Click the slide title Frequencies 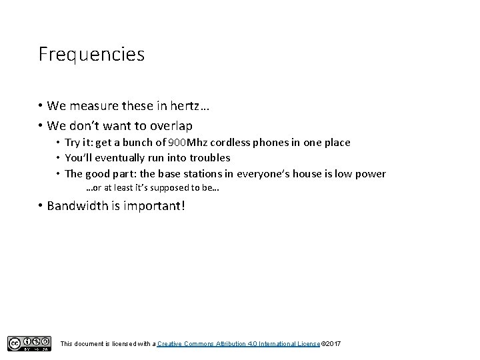(x=91, y=54)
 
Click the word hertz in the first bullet (x=193, y=106)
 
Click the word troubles (x=209, y=158)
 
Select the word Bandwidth (x=76, y=205)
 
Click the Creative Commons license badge (x=29, y=343)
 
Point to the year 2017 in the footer (x=333, y=343)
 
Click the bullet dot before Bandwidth (x=40, y=205)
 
